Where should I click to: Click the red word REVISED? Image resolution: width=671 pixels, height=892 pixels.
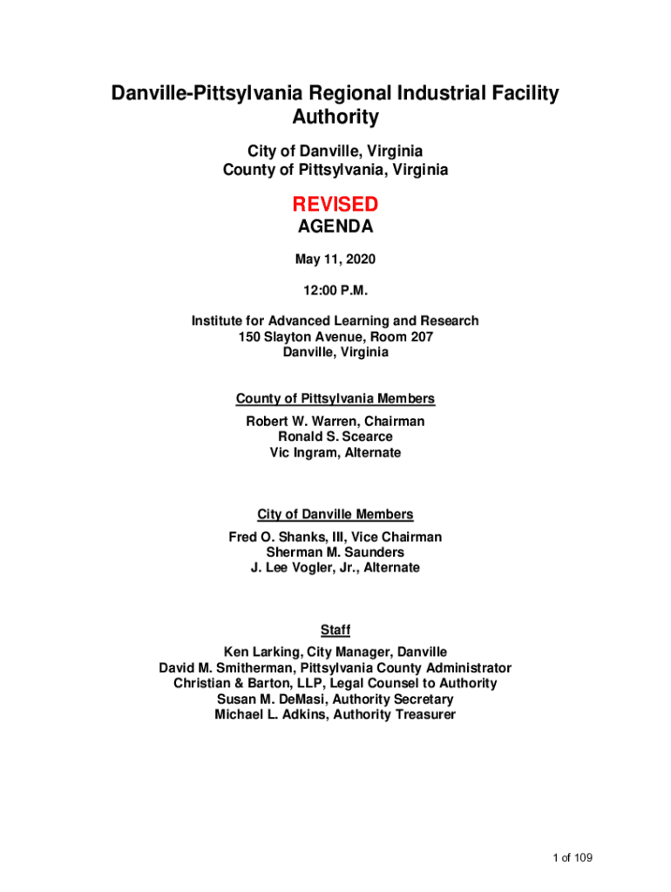[x=335, y=205]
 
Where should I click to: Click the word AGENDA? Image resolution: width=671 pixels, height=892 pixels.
[x=335, y=227]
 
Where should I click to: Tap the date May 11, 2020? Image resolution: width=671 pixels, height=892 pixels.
[x=335, y=260]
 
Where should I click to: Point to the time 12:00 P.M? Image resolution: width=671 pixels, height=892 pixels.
[x=335, y=290]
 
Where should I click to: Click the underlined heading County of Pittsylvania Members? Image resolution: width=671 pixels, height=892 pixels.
[x=335, y=399]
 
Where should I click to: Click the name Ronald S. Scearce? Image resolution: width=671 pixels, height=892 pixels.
[x=335, y=436]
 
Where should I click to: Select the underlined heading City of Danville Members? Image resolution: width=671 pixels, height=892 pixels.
[x=335, y=515]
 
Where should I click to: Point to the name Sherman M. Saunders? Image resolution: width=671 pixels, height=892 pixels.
[x=335, y=552]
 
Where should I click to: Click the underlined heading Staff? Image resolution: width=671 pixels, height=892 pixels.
[x=335, y=630]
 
